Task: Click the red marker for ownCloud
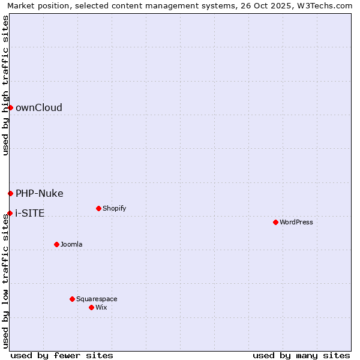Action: click(10, 107)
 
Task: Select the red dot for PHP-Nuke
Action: click(10, 193)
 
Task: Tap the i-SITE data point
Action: click(10, 213)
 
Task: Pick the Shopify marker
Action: click(98, 208)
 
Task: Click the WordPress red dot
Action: click(275, 222)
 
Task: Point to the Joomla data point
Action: click(56, 244)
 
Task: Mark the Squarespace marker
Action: click(72, 299)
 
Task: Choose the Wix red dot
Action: click(91, 307)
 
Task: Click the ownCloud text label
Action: click(39, 107)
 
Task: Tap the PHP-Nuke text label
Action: click(40, 193)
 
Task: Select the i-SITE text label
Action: click(30, 213)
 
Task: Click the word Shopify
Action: click(115, 208)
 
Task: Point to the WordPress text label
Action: click(296, 222)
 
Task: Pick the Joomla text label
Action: click(71, 244)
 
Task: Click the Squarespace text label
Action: click(97, 299)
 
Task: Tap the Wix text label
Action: click(101, 307)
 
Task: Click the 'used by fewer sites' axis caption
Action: click(62, 355)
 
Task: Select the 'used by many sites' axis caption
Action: click(301, 355)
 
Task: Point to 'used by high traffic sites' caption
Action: click(5, 85)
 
